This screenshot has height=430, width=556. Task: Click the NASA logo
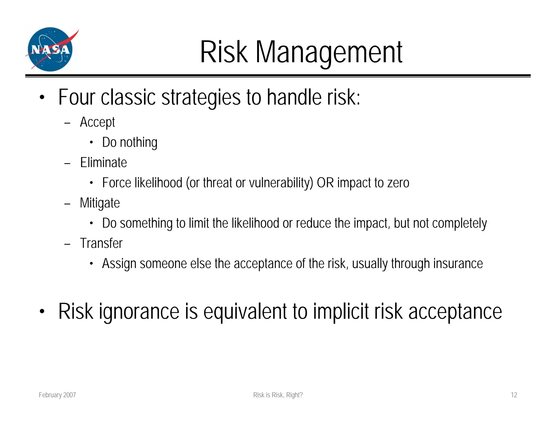tap(50, 49)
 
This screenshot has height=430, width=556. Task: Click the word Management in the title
tap(329, 52)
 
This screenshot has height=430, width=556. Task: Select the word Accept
tap(97, 122)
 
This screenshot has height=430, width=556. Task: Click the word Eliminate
tap(103, 163)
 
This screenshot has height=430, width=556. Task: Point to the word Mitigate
tap(100, 203)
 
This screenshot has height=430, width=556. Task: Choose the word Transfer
tap(101, 243)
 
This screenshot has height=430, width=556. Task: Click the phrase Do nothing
tap(130, 142)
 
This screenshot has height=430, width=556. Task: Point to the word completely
tap(459, 223)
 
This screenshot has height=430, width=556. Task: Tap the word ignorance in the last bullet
tap(139, 311)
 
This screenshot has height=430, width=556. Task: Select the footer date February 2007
tap(57, 395)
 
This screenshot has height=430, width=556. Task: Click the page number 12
tap(514, 395)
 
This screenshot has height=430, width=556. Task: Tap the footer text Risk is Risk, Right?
tap(278, 395)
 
